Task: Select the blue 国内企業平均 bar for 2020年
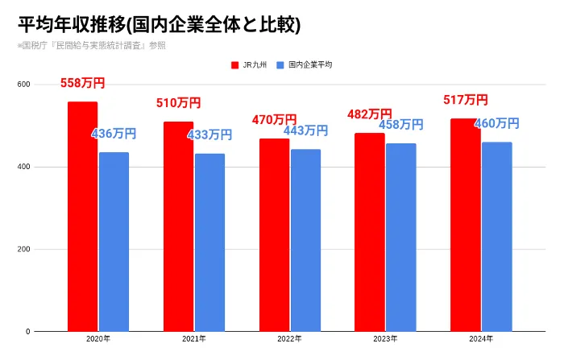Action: click(x=114, y=242)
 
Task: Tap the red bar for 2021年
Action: click(x=178, y=226)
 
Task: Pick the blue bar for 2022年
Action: click(x=305, y=240)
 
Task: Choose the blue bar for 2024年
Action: click(x=496, y=236)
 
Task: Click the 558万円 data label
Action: click(x=82, y=83)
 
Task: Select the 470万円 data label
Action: click(x=274, y=119)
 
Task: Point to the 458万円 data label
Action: click(x=400, y=124)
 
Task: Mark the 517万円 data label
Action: click(x=465, y=100)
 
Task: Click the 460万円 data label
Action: click(x=496, y=123)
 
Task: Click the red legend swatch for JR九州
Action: click(x=234, y=64)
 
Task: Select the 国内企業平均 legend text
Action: click(x=310, y=64)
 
